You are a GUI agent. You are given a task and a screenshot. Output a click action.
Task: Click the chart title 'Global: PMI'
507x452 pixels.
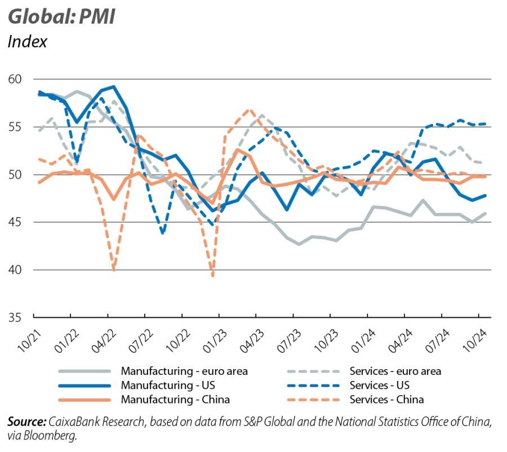61,16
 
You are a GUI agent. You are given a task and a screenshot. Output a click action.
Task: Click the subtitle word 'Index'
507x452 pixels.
27,41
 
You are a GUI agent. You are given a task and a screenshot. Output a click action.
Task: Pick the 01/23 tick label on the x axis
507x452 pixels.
208,336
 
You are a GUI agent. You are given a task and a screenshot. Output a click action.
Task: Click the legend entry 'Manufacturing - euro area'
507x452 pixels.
184,371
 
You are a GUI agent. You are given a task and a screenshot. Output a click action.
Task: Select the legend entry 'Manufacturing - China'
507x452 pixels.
175,400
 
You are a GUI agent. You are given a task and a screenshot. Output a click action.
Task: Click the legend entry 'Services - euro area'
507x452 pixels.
395,371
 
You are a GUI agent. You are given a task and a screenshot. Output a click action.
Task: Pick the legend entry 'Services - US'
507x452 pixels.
379,385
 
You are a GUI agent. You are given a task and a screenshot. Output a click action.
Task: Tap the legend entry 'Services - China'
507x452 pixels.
386,400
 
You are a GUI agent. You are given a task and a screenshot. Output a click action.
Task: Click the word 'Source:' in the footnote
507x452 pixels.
26,422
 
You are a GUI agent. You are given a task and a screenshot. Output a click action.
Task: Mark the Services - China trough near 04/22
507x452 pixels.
114,269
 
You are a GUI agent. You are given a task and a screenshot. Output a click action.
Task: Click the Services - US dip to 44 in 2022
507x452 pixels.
163,232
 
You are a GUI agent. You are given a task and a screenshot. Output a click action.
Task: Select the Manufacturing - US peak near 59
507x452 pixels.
114,87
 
